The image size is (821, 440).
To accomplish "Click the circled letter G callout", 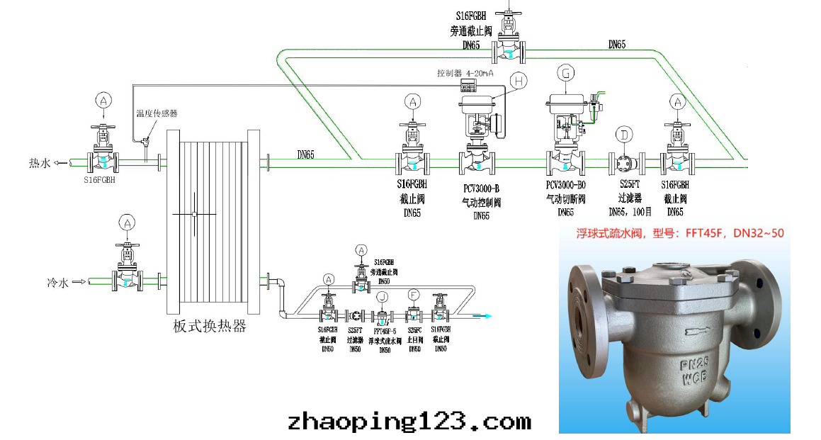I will coord(566,72).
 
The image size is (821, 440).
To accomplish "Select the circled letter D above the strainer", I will coord(625,135).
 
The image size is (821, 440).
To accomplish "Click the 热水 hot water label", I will coord(40,163).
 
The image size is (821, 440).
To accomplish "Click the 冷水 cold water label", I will coord(58,282).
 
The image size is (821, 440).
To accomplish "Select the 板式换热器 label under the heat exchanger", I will coord(210,326).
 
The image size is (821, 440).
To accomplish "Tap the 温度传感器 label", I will coord(157,113).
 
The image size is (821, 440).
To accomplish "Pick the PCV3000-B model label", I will coord(482,188).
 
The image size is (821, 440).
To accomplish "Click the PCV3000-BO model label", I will coord(565,188).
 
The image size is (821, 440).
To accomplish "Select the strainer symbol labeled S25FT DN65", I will coord(625,163).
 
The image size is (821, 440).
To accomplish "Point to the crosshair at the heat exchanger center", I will coord(194,213).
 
